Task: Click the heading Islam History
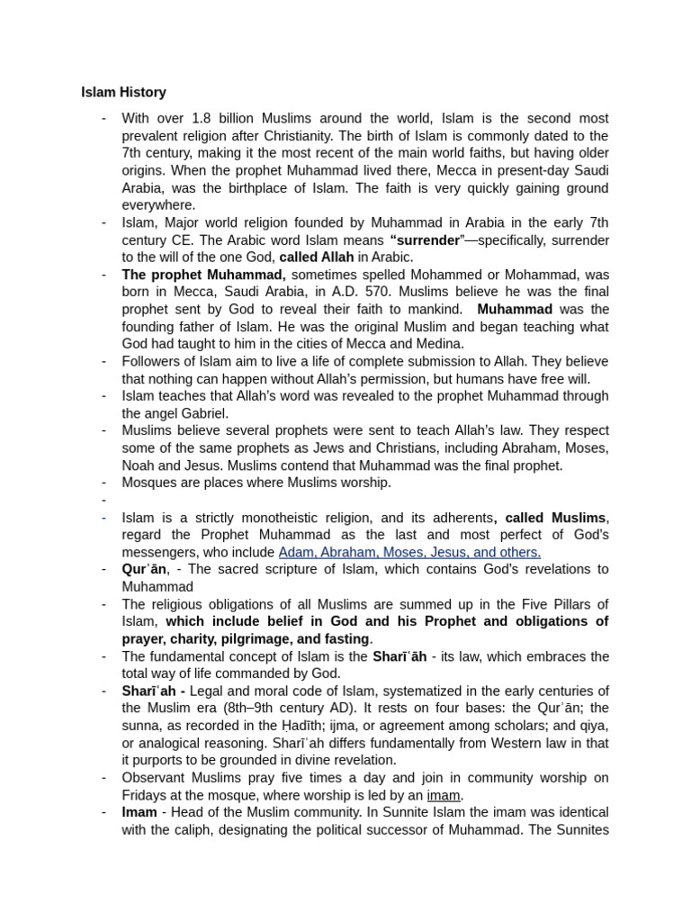(x=123, y=92)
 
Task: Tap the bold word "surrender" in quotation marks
(x=426, y=240)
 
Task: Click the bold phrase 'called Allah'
(x=316, y=258)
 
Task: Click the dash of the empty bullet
(x=104, y=501)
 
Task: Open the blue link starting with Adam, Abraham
(x=409, y=552)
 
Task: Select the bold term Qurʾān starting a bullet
(x=143, y=570)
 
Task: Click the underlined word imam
(x=444, y=795)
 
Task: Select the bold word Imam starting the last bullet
(x=139, y=812)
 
